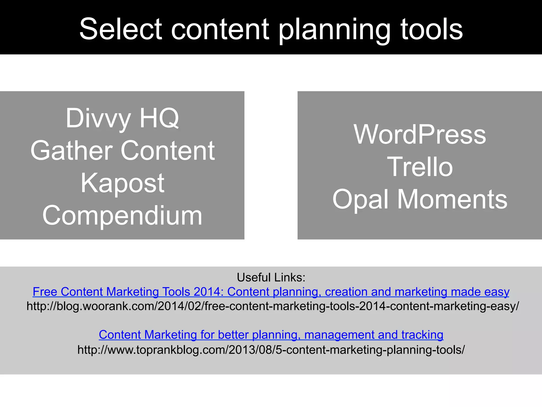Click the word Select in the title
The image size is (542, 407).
(120, 29)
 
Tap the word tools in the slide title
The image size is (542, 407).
(432, 29)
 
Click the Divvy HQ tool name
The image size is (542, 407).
(122, 118)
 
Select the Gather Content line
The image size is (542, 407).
(122, 151)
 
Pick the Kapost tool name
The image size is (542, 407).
(122, 183)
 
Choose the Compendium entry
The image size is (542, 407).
(122, 215)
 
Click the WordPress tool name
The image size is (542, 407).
(420, 134)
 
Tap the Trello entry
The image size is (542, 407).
(420, 167)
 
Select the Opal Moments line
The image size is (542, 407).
(420, 199)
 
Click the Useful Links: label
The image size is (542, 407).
(271, 277)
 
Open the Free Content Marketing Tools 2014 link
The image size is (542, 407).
(271, 292)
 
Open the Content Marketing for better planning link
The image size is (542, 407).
(271, 335)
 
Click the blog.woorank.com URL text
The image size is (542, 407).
(273, 306)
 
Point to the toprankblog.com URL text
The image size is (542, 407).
(271, 350)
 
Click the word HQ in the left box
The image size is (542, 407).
(159, 118)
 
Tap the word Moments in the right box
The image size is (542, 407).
(452, 199)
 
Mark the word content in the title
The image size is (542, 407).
(220, 29)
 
